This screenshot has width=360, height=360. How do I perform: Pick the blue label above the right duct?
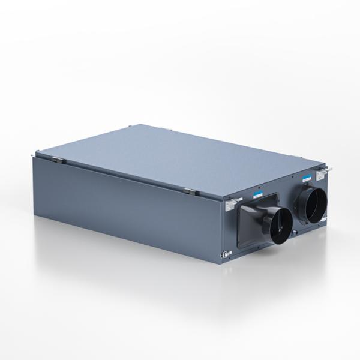tap(307, 178)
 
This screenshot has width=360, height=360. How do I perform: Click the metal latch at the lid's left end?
tap(57, 159)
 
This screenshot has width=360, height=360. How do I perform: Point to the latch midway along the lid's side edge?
tap(189, 191)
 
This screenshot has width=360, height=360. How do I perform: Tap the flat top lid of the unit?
tap(180, 159)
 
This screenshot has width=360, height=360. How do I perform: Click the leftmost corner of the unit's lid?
tap(35, 154)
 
